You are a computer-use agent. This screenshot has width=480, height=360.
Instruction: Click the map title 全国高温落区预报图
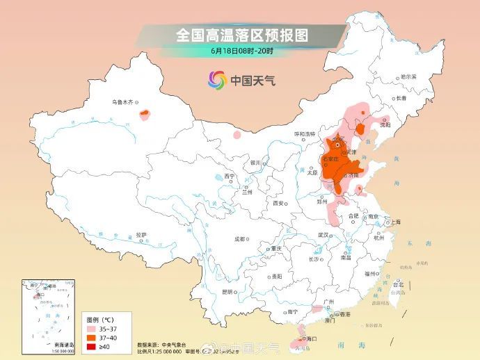pos(241,34)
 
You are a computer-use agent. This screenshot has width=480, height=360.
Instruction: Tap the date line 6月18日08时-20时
pos(241,51)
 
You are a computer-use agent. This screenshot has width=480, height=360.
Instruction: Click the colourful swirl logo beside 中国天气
pos(217,80)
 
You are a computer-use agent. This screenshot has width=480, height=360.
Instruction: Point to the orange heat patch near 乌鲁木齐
pos(145,113)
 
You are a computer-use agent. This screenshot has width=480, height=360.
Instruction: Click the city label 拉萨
pos(142,234)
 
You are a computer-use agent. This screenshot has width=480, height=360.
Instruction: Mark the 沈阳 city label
pos(385,124)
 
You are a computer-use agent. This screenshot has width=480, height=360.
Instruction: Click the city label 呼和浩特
pos(304,133)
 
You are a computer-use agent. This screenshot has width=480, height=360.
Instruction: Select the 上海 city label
pos(395,222)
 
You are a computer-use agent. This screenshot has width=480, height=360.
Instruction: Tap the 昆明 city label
pos(227,291)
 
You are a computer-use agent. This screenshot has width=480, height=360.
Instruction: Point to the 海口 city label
pos(312,338)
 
